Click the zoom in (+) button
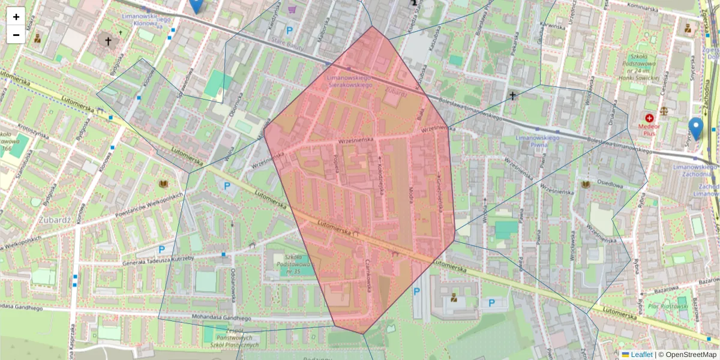[16, 17]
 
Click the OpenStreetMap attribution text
[691, 355]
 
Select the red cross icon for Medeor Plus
[649, 118]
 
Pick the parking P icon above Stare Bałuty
[290, 30]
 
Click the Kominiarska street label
[647, 8]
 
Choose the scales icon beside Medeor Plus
[664, 111]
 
